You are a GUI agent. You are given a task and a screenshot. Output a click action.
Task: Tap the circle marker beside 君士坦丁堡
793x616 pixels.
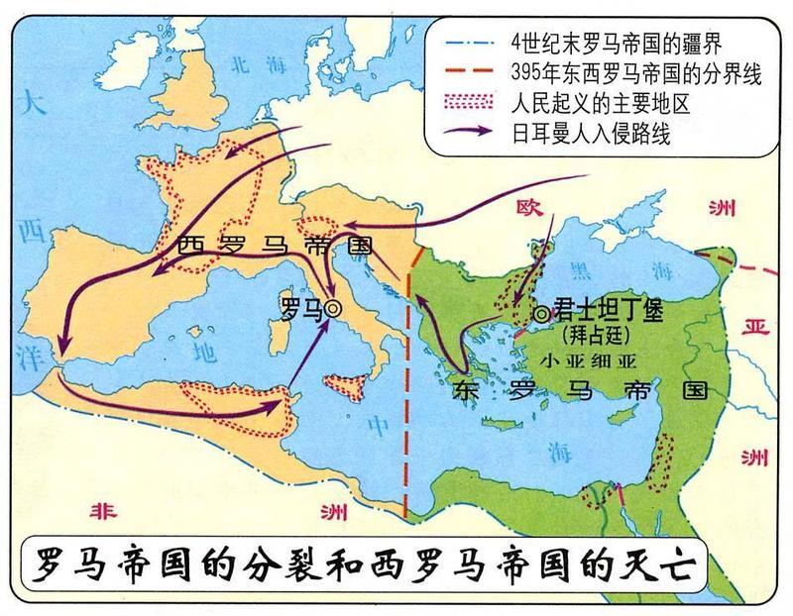[x=541, y=313]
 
